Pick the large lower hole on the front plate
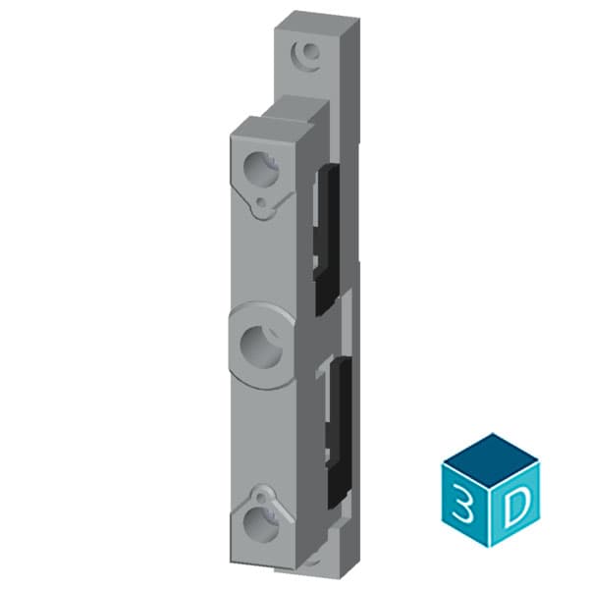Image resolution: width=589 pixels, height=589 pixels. pyautogui.click(x=262, y=520)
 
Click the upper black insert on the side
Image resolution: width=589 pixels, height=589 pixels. pyautogui.click(x=327, y=236)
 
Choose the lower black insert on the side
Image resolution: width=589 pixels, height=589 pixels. pyautogui.click(x=336, y=422)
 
